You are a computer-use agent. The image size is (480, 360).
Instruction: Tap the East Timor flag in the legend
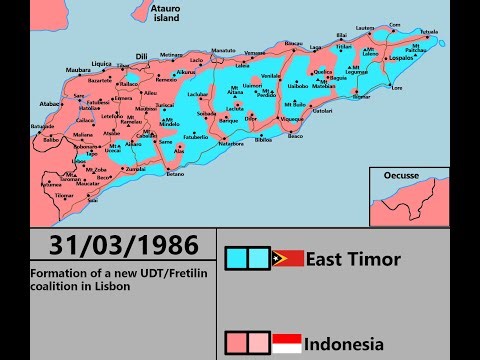[288, 259]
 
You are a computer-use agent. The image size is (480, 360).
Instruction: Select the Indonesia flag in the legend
[288, 343]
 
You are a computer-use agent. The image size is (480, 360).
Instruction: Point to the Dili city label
[141, 56]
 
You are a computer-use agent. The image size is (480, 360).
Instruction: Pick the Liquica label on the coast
[102, 62]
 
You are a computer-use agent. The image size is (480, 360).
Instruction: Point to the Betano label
[176, 173]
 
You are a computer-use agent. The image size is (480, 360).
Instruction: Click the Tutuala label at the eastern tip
[429, 31]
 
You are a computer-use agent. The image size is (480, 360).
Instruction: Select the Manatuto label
[224, 49]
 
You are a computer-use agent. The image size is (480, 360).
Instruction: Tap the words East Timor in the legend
[353, 259]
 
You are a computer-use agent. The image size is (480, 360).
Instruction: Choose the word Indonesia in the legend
[344, 344]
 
